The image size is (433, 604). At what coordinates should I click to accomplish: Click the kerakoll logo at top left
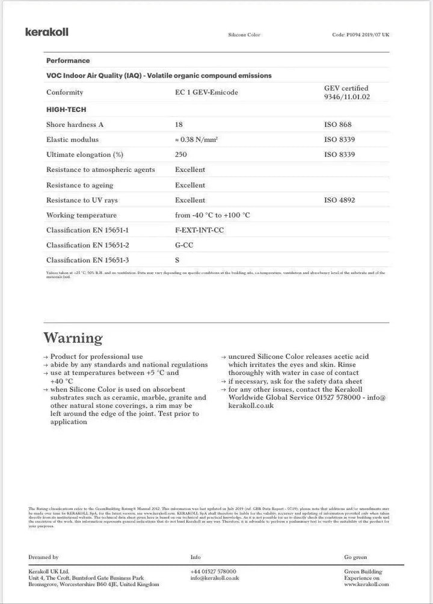(47, 32)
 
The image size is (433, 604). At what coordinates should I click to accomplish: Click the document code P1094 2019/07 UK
(360, 35)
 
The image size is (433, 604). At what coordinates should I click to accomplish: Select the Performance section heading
(68, 61)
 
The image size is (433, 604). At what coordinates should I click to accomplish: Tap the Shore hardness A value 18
(179, 125)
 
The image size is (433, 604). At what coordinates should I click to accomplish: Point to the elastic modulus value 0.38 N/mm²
(197, 139)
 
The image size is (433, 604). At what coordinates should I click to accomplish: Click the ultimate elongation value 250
(181, 154)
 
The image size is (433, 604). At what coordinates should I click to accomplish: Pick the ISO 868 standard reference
(337, 125)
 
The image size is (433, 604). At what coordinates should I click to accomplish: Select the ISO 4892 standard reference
(339, 200)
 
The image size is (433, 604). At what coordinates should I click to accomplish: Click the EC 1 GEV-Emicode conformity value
(206, 93)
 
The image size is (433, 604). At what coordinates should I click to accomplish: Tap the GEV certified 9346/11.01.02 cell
(346, 93)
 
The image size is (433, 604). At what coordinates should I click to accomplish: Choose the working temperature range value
(212, 215)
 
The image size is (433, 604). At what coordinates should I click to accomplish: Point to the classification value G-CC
(185, 245)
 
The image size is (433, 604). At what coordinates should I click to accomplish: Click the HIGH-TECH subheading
(66, 109)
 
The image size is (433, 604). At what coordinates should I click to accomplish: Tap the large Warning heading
(73, 338)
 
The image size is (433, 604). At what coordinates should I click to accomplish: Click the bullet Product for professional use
(96, 356)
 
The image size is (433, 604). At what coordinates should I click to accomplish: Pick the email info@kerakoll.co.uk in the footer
(215, 578)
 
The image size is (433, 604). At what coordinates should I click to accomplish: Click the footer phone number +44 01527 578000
(213, 572)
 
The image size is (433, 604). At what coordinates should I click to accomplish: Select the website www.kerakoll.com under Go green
(366, 584)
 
